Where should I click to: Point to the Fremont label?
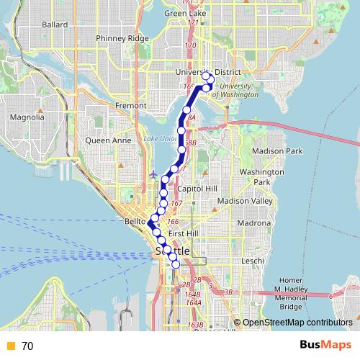click(x=130, y=106)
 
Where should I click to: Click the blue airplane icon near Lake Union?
click(x=153, y=174)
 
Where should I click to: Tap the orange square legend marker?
click(x=10, y=346)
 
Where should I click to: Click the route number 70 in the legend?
click(x=27, y=346)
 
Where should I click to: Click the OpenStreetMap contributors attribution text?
click(x=296, y=323)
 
